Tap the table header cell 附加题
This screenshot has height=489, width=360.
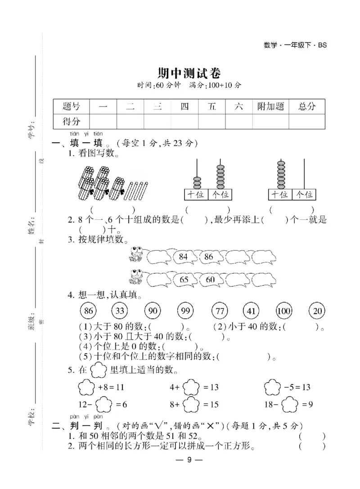[x=270, y=106]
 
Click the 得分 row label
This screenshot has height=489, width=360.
[x=72, y=121]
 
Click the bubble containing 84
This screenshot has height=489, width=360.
[x=183, y=257]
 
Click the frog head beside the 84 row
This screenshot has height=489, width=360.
[x=136, y=251]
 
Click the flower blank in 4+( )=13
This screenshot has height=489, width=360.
[x=191, y=387]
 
